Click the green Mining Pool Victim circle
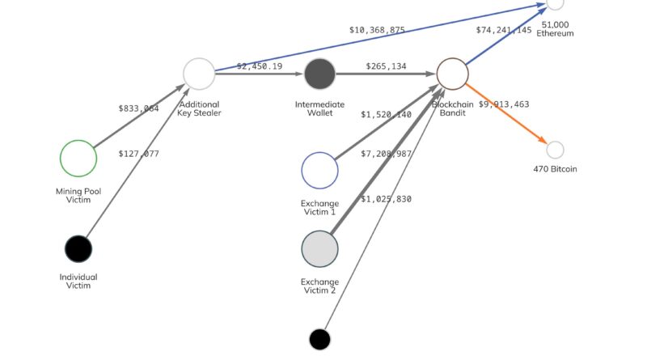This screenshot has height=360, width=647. point(78,158)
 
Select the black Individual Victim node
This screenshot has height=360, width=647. point(78,248)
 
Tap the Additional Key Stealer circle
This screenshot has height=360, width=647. point(199,74)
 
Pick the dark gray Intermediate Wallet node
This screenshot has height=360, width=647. point(319,74)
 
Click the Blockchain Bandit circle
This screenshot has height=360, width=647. point(453,74)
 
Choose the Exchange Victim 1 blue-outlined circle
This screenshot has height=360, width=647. point(319,170)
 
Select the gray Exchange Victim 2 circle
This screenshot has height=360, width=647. point(319,249)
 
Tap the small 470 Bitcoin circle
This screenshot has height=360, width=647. point(555,150)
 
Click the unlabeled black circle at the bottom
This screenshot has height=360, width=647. point(319,339)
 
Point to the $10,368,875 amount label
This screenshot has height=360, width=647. point(377,30)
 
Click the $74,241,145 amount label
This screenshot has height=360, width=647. point(504,30)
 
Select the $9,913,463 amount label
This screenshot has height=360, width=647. point(504,104)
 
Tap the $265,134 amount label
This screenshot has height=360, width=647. point(386,66)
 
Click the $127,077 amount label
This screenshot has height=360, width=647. point(138,154)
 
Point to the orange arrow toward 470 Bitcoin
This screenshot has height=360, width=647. point(510,117)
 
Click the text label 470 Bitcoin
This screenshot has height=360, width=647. point(555,169)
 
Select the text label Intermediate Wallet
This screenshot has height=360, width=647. point(319,109)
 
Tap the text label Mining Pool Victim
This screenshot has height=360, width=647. point(78,196)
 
